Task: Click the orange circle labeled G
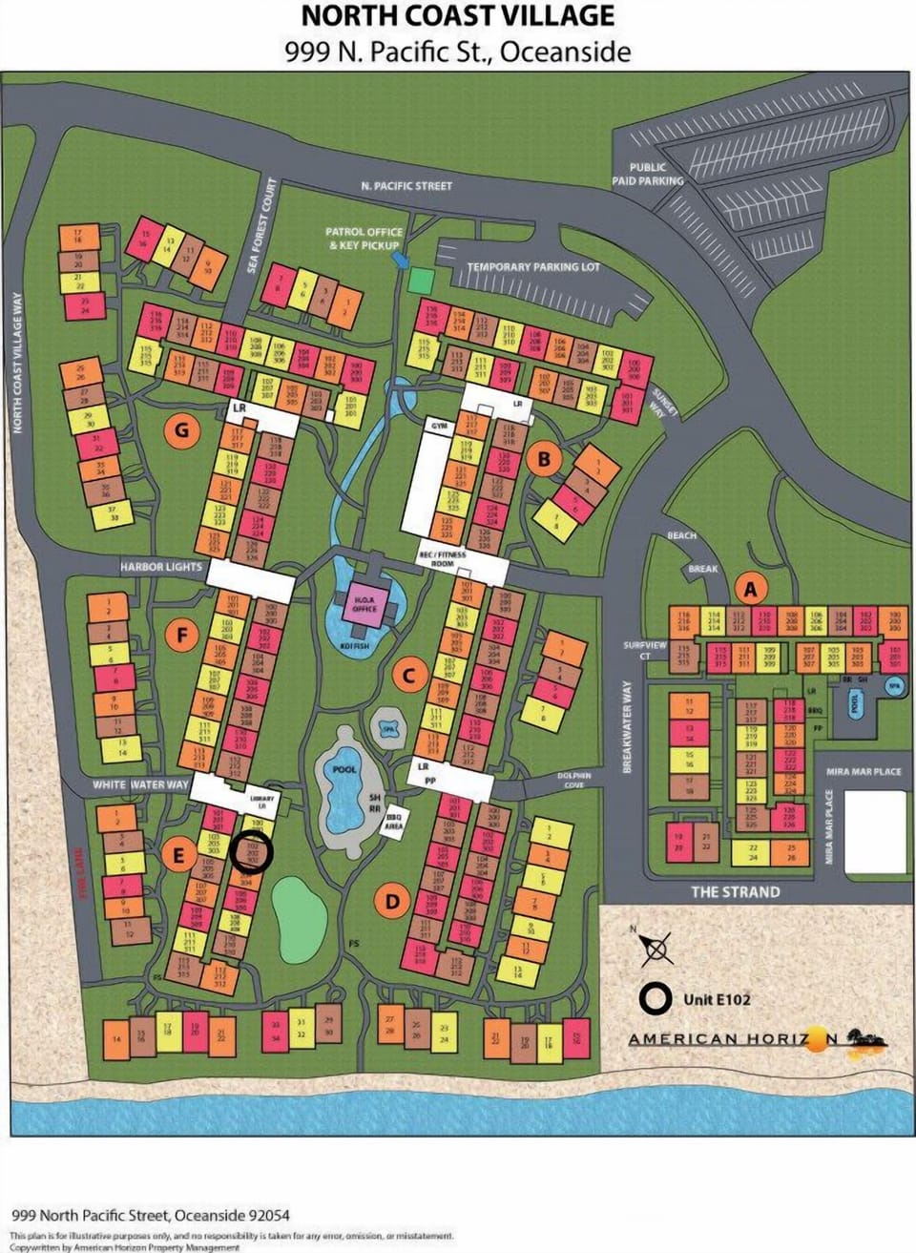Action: pos(181,430)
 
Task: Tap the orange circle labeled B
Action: pos(544,460)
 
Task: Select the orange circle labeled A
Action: pos(750,589)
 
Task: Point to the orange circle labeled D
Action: pos(392,900)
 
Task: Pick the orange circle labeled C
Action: pos(408,677)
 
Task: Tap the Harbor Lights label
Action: pos(161,567)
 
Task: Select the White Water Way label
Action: pos(140,784)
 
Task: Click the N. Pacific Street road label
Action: pos(406,185)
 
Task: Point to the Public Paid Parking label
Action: pos(648,174)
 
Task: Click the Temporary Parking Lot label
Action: pos(533,266)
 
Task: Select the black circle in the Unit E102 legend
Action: pos(656,999)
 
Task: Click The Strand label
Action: pos(735,891)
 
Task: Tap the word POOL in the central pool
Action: pos(344,768)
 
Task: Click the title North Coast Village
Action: pos(458,16)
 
